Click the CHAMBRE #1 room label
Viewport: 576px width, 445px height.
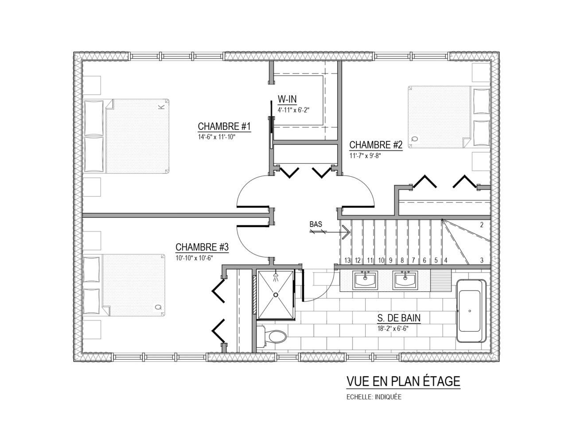(x=224, y=126)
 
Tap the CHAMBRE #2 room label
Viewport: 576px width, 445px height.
(x=376, y=145)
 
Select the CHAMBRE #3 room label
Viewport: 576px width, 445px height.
(x=202, y=247)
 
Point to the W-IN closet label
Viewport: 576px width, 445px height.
(x=287, y=99)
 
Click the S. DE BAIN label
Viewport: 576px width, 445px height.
(x=399, y=317)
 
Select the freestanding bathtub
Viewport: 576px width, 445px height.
(x=471, y=311)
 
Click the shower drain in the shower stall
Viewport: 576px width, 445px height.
(x=276, y=294)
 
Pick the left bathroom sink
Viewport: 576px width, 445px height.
(x=365, y=280)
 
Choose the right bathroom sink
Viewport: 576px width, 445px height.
(x=405, y=280)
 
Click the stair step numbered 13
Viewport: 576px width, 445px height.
(x=347, y=260)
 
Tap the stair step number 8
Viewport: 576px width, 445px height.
(x=402, y=260)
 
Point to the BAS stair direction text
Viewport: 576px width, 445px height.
(x=316, y=224)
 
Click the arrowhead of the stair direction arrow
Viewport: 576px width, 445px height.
(x=347, y=232)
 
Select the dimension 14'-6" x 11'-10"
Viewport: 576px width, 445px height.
(x=217, y=137)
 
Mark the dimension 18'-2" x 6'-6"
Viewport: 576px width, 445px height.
(x=393, y=329)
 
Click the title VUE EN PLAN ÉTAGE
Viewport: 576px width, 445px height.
(x=403, y=381)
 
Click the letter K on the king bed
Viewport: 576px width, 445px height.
(x=161, y=107)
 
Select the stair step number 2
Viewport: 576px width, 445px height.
(x=482, y=225)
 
